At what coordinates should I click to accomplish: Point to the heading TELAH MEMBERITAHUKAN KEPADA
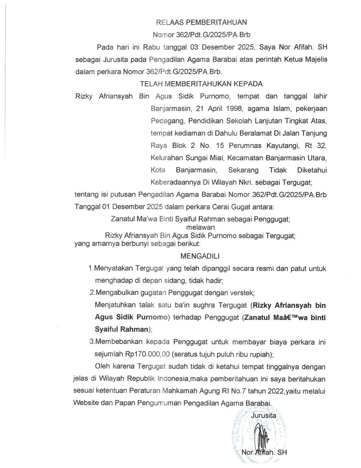pos(201,83)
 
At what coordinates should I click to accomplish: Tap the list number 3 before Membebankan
pos(91,342)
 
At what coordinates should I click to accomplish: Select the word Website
pos(88,403)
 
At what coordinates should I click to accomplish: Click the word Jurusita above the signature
pos(264,416)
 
